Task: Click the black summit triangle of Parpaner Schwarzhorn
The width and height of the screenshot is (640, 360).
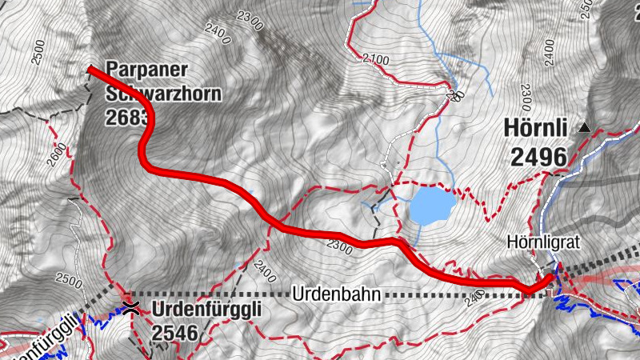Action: coord(90,70)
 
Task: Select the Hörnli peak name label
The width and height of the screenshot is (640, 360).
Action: coord(537,127)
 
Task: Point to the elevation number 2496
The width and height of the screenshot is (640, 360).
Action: coord(537,156)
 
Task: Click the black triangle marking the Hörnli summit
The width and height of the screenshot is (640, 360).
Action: coord(585,127)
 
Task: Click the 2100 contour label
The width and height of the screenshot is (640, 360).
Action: coord(375,59)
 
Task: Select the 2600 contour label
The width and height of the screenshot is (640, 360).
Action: coord(55,152)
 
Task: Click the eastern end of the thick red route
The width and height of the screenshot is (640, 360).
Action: coord(550,278)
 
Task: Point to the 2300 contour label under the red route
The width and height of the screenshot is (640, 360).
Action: coord(339,248)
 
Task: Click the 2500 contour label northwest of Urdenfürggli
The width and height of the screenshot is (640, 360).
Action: coord(70,282)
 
